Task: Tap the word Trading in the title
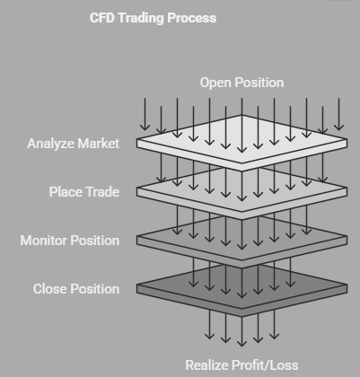[141, 19]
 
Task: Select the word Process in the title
[192, 18]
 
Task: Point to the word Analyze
[50, 144]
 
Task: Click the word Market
[98, 144]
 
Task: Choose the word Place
[64, 192]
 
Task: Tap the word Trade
[101, 192]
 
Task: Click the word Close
[50, 289]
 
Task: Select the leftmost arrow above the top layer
[145, 114]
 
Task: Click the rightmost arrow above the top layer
[338, 114]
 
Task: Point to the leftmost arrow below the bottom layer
[209, 324]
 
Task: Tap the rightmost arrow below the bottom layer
[274, 324]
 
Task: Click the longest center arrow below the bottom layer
[241, 331]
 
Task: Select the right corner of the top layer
[347, 139]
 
